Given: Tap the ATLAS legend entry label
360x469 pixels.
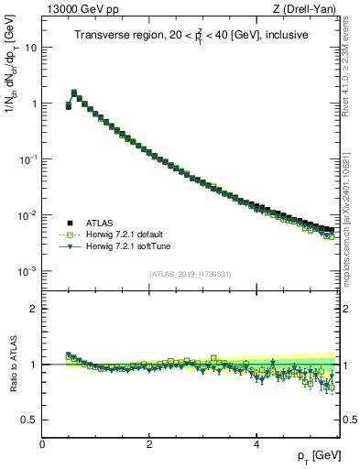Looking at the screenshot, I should (100, 223).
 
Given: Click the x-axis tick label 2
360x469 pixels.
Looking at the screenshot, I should (149, 443).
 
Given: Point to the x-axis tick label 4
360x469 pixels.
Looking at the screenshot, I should (256, 443).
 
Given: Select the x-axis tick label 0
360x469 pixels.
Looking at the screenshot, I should (43, 443).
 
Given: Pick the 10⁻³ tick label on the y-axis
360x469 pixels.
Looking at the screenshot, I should (27, 272).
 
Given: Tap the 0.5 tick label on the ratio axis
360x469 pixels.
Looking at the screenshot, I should (30, 420).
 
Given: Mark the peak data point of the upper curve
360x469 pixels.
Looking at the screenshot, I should (74, 93).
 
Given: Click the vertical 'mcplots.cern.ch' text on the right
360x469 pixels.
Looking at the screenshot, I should (349, 229).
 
